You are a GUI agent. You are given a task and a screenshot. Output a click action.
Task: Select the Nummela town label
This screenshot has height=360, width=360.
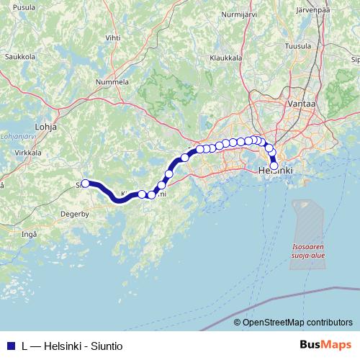point(112,83)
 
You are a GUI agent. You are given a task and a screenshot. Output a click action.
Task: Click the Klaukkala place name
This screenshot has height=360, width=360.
point(224,58)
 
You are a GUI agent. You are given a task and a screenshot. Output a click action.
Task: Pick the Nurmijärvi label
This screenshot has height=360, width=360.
point(240,14)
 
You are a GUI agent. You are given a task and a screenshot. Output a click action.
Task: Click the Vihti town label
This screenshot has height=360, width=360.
point(113,36)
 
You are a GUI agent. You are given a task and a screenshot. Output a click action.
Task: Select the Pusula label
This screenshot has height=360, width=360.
point(24,6)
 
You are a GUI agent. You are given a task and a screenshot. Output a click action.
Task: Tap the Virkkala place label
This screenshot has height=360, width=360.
point(28,153)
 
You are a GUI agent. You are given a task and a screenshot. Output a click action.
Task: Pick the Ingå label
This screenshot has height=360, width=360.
point(29,234)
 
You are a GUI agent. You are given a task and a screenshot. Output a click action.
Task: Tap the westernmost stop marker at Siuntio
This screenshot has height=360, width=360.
point(85,184)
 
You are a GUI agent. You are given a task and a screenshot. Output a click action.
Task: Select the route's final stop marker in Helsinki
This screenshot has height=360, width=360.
point(274,166)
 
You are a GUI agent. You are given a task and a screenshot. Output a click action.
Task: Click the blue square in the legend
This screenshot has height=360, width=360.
point(11,345)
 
